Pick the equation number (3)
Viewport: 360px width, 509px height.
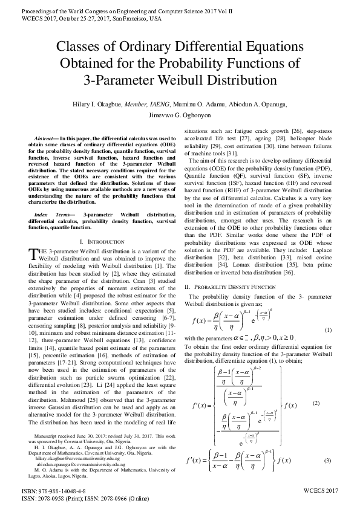pyautogui.click(x=328, y=461)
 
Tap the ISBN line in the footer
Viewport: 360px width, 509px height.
pyautogui.click(x=53, y=493)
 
